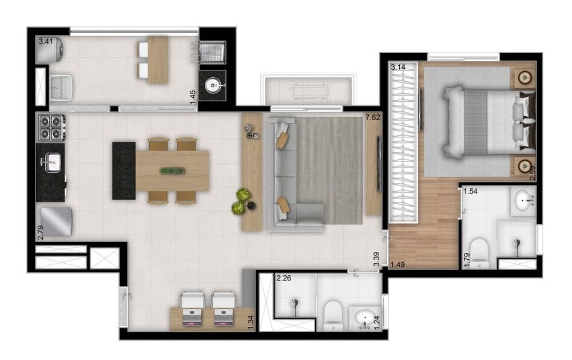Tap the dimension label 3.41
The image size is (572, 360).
tap(45, 41)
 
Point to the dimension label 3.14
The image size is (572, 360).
tap(398, 67)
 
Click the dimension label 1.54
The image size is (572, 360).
tap(470, 191)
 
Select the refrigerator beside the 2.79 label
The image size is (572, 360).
tap(55, 221)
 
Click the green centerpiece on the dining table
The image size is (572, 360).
tap(172, 171)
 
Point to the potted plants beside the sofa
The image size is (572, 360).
tap(243, 200)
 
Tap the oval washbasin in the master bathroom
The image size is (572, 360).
tap(525, 200)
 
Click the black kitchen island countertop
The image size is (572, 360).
tap(124, 171)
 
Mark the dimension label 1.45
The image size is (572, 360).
tap(194, 95)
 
